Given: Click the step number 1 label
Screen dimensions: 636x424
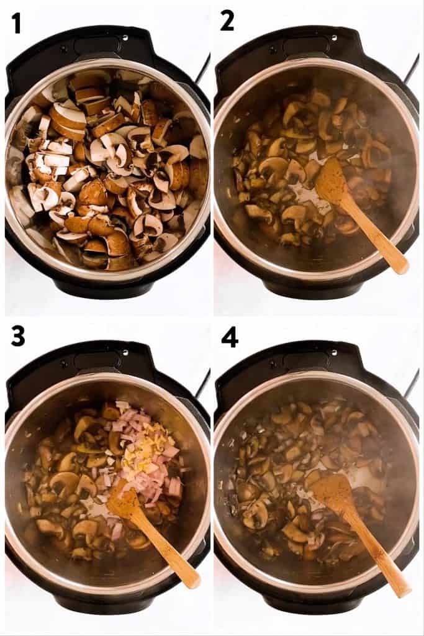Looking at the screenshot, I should [x=16, y=23].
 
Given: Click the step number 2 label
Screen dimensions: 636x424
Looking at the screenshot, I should [x=227, y=21].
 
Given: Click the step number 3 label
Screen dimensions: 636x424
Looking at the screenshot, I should [x=18, y=336].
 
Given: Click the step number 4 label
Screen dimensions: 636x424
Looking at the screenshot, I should [x=229, y=336].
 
